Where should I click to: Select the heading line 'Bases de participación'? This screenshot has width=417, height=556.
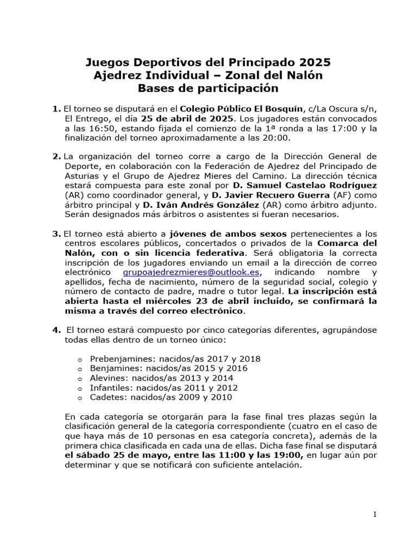point(208,88)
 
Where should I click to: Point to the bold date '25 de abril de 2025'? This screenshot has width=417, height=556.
point(188,118)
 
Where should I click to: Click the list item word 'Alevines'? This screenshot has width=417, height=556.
point(106,378)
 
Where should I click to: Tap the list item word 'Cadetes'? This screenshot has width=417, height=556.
point(106,397)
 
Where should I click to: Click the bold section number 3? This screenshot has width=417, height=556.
point(56,233)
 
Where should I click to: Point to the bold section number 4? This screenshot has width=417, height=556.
point(56,330)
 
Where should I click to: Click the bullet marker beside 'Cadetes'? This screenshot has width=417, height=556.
point(80,398)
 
